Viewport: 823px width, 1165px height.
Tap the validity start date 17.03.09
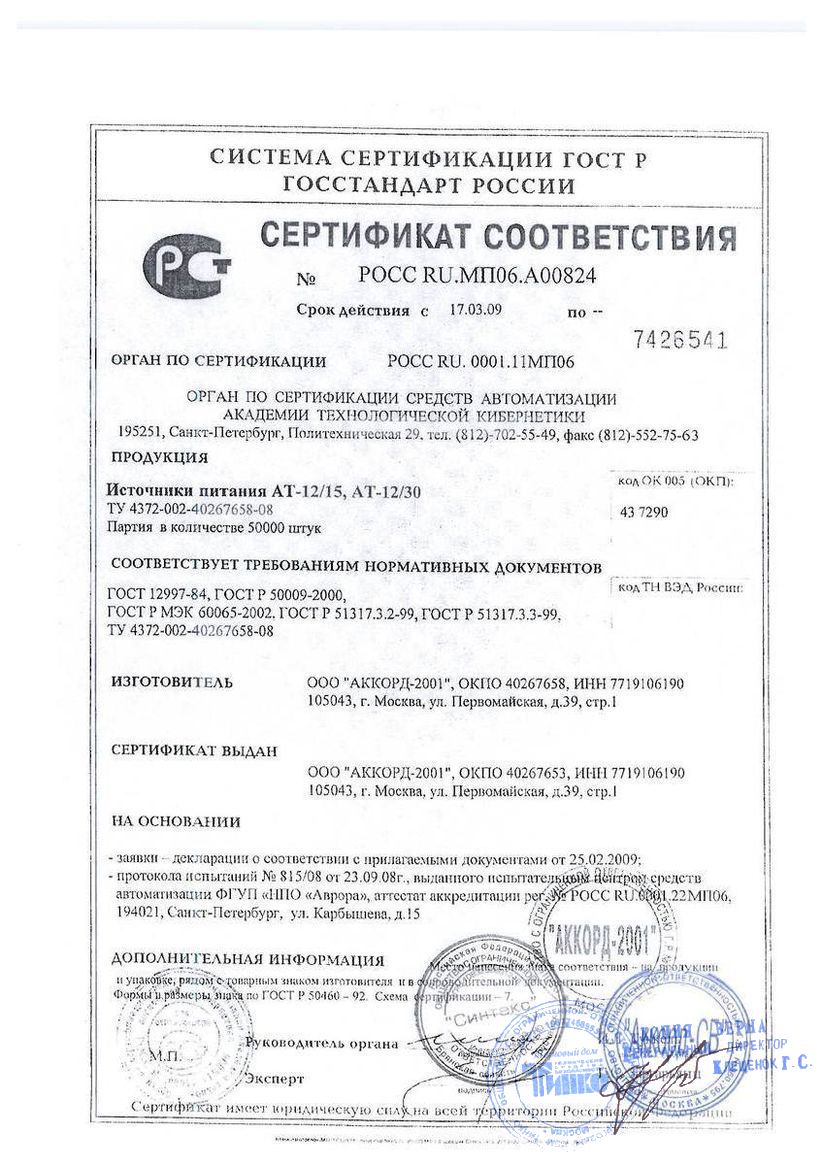476,310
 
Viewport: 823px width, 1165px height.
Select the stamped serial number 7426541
679,340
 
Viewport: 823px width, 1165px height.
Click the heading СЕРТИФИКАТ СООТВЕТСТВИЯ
497,237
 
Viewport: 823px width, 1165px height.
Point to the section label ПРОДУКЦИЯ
159,458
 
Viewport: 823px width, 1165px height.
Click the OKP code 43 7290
644,513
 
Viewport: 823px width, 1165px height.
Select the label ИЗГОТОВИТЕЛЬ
172,683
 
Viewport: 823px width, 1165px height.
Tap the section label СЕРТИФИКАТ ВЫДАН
194,750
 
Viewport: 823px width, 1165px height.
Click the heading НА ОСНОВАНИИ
176,822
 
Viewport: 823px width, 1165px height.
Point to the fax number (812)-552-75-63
646,435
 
